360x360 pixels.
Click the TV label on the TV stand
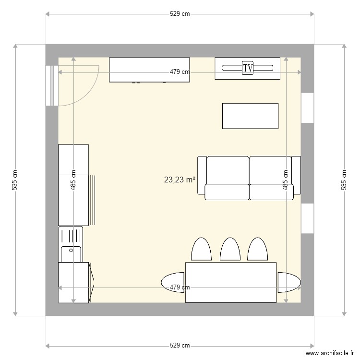(x=248, y=68)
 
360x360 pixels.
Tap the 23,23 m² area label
(x=180, y=180)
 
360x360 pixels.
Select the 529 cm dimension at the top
(x=180, y=14)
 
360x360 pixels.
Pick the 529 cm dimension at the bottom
(x=180, y=346)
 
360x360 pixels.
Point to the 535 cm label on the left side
(x=14, y=180)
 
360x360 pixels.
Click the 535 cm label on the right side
(x=344, y=180)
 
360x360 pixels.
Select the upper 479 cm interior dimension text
(x=180, y=72)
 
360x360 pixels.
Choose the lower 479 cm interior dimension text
(x=180, y=288)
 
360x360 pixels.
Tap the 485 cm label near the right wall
(x=286, y=180)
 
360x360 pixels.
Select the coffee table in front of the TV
(x=250, y=116)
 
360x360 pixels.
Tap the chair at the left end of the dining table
(x=173, y=282)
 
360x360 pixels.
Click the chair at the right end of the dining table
(x=288, y=282)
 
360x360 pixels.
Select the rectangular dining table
(x=230, y=282)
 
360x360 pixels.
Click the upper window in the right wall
(x=307, y=108)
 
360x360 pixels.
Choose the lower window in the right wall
(x=307, y=218)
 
